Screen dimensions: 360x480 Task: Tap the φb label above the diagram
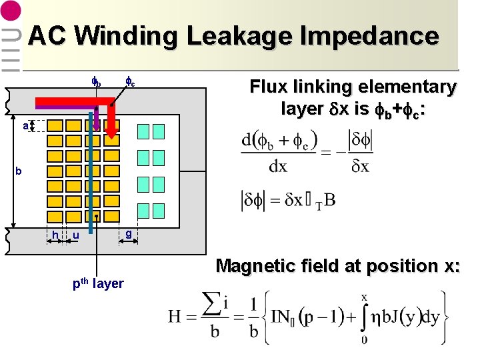(96, 83)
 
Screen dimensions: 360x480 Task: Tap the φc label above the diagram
(131, 83)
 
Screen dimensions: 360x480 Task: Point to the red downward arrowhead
(112, 132)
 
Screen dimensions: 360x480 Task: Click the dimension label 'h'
(55, 235)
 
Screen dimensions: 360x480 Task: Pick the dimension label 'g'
(127, 233)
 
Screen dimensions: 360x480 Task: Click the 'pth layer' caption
(97, 283)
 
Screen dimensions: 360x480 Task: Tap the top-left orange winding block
(55, 126)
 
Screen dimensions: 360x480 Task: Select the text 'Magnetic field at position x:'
(338, 265)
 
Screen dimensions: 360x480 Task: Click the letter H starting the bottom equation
(176, 316)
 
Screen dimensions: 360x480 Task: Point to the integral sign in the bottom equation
(363, 317)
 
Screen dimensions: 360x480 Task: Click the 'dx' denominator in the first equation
(277, 166)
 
